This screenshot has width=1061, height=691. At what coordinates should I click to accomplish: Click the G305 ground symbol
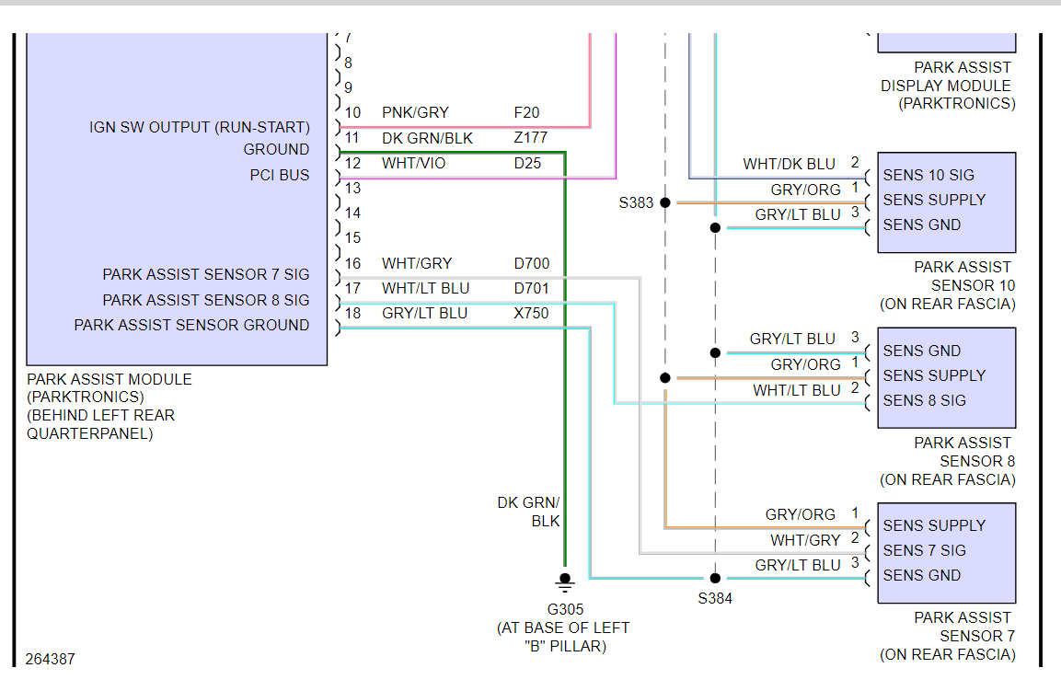click(x=565, y=582)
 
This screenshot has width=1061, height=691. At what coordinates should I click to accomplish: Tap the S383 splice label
click(x=636, y=202)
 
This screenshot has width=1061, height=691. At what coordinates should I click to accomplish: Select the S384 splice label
click(x=715, y=598)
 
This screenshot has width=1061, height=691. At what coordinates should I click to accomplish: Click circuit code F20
click(x=526, y=112)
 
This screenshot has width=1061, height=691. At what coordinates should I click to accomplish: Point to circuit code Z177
click(x=530, y=138)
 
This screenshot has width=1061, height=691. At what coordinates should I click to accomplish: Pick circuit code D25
click(x=527, y=164)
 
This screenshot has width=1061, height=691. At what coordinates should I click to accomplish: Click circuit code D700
click(x=531, y=263)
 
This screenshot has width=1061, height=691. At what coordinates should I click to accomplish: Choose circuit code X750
click(x=531, y=313)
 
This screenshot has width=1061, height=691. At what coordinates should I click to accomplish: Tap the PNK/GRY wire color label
click(x=415, y=112)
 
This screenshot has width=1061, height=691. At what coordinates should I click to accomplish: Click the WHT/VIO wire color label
click(x=413, y=164)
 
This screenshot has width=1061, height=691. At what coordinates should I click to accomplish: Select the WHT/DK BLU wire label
click(x=789, y=164)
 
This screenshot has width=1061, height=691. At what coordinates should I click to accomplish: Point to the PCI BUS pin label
click(x=280, y=175)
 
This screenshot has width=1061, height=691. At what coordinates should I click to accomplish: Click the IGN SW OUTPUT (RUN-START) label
click(x=200, y=127)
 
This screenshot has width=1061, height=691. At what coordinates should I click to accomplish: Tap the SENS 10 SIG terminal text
click(x=928, y=175)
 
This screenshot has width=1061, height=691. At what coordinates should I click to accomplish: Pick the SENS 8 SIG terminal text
click(x=924, y=400)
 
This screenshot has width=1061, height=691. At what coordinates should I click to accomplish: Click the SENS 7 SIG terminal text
click(x=924, y=550)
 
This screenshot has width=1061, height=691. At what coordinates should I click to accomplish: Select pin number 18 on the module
click(x=353, y=313)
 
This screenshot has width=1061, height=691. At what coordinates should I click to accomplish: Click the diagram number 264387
click(x=51, y=659)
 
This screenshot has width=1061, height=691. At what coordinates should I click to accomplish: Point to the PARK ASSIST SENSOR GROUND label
click(x=191, y=325)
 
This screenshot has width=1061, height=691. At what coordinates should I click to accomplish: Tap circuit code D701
click(x=531, y=288)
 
